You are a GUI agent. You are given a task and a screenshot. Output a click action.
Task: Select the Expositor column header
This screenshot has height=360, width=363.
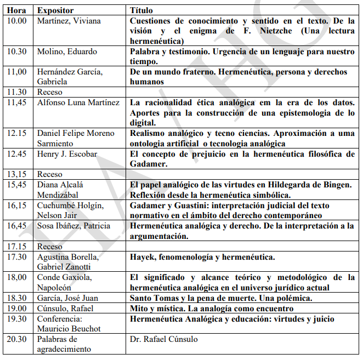pyautogui.click(x=55, y=10)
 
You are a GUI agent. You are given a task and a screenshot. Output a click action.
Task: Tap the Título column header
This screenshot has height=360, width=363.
pyautogui.click(x=141, y=10)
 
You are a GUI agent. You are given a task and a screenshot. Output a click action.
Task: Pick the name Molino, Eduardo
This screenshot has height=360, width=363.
pyautogui.click(x=67, y=52)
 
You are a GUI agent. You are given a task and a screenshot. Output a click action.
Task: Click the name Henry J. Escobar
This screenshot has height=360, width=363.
pyautogui.click(x=66, y=154)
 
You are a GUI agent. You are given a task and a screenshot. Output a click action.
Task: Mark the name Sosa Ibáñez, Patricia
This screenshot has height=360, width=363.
pyautogui.click(x=73, y=226)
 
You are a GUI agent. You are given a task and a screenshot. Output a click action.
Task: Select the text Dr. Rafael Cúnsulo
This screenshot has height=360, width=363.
pyautogui.click(x=163, y=339)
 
